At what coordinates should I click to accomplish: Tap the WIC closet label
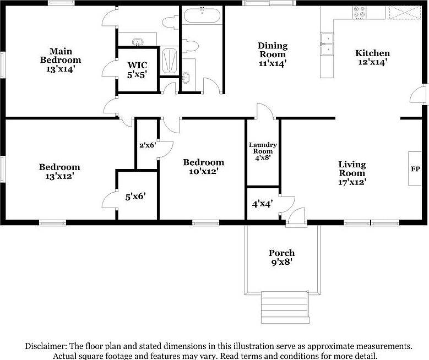(x=137, y=64)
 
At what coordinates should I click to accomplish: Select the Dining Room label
(x=272, y=50)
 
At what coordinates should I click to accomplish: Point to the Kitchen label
(x=372, y=53)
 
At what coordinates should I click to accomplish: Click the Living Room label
(x=352, y=168)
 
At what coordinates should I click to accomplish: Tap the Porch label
(x=281, y=253)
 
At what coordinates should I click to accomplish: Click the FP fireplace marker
(x=415, y=169)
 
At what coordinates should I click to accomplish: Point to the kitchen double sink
(x=328, y=45)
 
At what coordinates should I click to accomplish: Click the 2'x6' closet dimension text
(x=147, y=145)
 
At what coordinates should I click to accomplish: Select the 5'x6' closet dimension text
(x=135, y=195)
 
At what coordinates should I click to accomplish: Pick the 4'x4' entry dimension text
(x=263, y=204)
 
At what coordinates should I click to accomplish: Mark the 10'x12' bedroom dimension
(x=203, y=171)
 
